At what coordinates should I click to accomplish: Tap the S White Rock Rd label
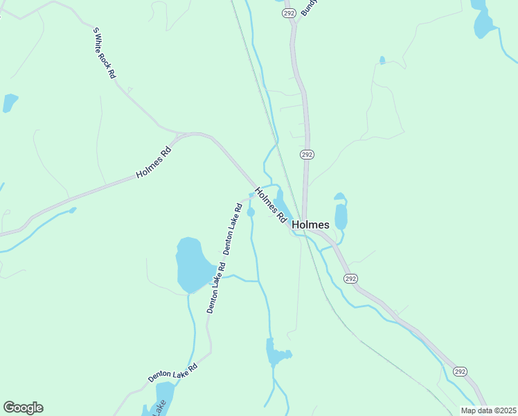tap(105, 53)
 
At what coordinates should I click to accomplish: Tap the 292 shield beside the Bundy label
tap(289, 12)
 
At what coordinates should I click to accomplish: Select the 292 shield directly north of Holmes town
tap(307, 154)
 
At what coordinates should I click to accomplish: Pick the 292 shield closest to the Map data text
tap(461, 372)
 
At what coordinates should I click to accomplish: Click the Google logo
tap(23, 408)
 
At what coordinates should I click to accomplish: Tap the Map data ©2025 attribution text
tap(488, 410)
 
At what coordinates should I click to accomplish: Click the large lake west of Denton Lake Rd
tap(195, 266)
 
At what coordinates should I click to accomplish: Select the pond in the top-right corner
tap(483, 21)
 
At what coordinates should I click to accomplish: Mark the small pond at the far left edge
tap(10, 103)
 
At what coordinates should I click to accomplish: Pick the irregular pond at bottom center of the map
tap(277, 354)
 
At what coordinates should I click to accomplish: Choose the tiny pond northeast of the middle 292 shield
tap(382, 60)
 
